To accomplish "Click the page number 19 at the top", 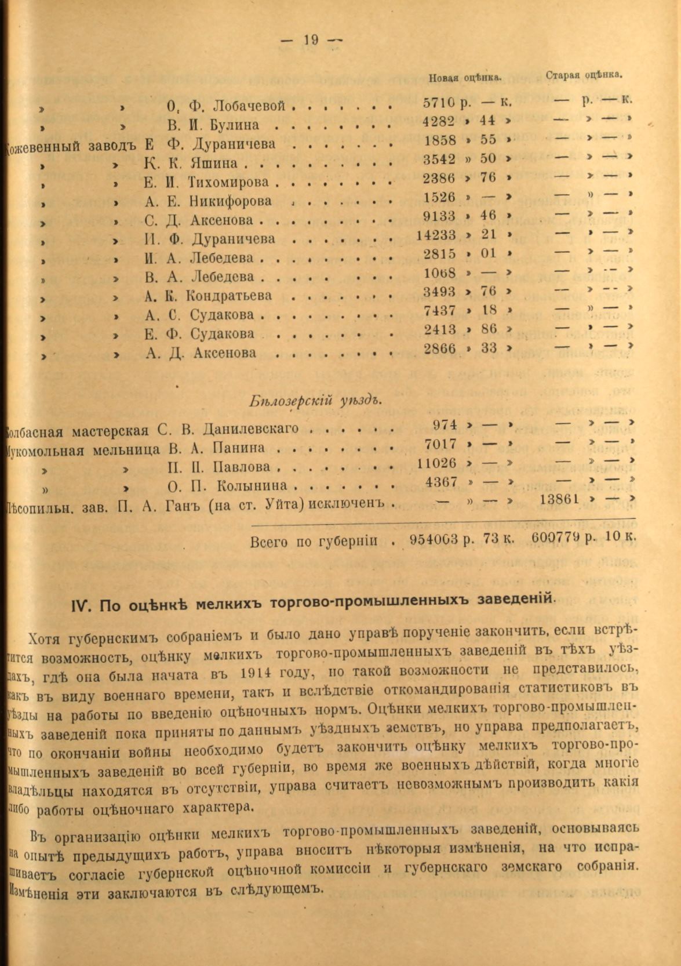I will (311, 40).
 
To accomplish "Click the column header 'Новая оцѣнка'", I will (465, 77).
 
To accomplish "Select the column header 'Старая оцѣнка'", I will (584, 74).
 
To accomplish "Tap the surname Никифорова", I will (230, 201).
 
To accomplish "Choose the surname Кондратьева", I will (228, 296).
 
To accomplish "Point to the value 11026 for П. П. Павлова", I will (436, 464).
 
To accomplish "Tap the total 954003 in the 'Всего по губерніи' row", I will (435, 539).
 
